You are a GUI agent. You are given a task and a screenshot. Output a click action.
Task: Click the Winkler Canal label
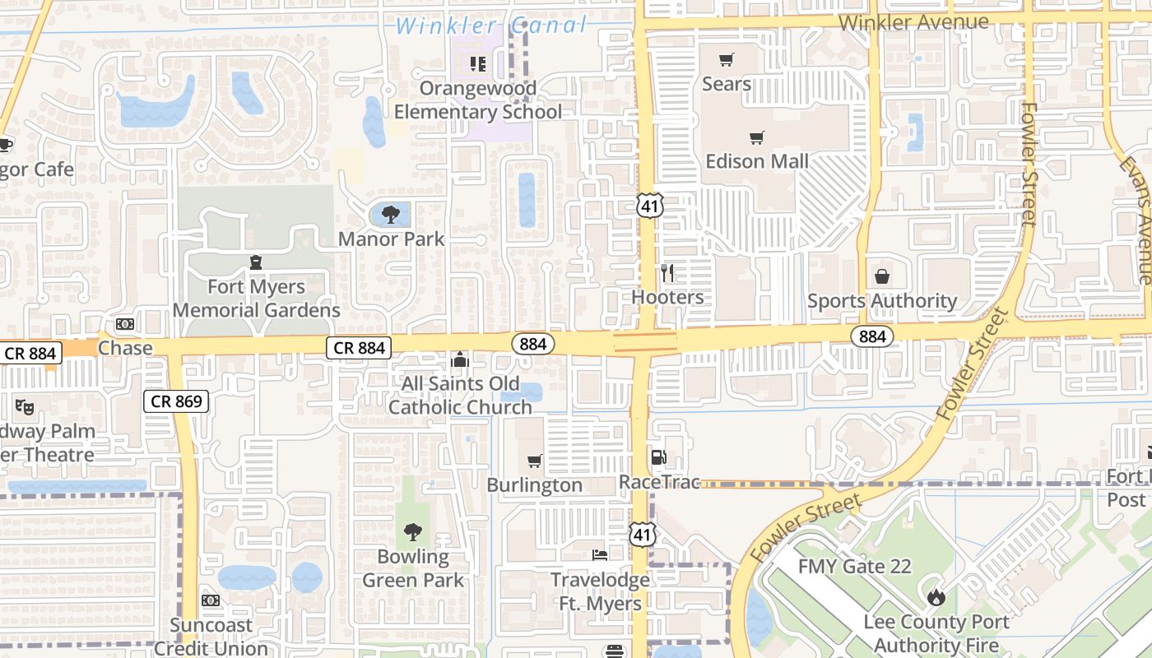(491, 25)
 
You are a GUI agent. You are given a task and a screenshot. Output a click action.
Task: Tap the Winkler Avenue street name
(913, 22)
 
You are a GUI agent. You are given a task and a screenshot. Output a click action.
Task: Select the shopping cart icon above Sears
(726, 59)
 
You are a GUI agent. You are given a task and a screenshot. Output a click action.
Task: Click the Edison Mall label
(757, 161)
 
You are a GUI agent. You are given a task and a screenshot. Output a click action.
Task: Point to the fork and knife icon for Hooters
(667, 272)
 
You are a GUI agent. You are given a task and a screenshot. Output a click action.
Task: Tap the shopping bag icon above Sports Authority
(882, 276)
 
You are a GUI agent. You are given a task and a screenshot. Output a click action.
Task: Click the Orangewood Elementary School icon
(478, 63)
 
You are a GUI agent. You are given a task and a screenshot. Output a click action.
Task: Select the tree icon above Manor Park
(391, 215)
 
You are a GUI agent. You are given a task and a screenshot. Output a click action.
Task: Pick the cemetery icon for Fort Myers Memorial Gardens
(256, 262)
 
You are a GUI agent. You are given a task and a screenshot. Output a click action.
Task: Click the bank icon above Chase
(125, 324)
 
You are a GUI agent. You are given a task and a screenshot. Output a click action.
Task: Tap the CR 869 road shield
(176, 401)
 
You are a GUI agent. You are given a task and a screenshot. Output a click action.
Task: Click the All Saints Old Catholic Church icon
(460, 359)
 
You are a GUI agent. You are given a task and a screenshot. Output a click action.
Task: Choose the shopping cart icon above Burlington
(535, 461)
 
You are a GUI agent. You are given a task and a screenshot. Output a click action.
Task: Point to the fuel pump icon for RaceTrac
(658, 457)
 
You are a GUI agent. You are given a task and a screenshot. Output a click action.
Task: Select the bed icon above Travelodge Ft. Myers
(600, 555)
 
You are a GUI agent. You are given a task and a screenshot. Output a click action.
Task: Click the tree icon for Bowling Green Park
(413, 532)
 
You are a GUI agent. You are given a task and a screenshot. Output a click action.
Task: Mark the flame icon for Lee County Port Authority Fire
(936, 597)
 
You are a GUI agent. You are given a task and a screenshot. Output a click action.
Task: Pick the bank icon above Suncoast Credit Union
(211, 600)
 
